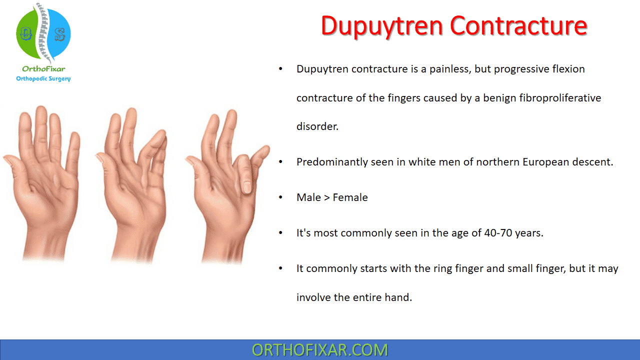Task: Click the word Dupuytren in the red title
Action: pos(382,26)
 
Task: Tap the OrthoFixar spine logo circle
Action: pos(43,33)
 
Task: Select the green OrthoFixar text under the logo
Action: pos(43,69)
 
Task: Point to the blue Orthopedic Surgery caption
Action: pos(43,78)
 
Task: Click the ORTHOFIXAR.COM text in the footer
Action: pos(320,350)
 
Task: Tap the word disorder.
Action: pos(317,126)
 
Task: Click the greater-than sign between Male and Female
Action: pos(327,197)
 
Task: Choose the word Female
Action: pos(350,197)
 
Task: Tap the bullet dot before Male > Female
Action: pos(280,197)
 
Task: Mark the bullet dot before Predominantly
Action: pos(280,161)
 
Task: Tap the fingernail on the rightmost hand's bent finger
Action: pos(247,187)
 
